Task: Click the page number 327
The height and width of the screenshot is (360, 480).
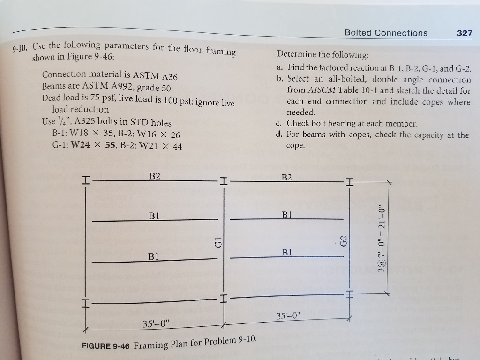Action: [x=465, y=33]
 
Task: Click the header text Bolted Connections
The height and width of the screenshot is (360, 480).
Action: [x=386, y=33]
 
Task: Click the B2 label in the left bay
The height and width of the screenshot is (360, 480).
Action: [x=155, y=176]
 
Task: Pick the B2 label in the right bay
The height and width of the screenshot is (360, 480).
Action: [x=287, y=177]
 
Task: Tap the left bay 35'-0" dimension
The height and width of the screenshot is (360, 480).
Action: [x=157, y=324]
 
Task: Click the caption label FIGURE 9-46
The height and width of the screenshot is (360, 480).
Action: [x=105, y=346]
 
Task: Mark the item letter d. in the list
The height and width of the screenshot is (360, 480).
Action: [x=279, y=135]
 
